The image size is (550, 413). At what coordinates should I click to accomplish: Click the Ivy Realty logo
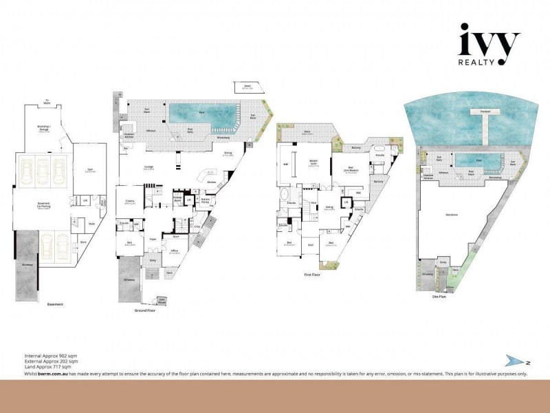click(489, 46)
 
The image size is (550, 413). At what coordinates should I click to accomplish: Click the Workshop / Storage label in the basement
click(47, 128)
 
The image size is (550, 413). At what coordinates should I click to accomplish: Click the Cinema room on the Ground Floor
click(129, 203)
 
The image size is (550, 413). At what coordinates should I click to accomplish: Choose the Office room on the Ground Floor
click(174, 252)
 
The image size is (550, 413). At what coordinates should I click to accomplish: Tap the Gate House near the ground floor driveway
click(162, 300)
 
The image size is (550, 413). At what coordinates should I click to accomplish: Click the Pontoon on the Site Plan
click(481, 111)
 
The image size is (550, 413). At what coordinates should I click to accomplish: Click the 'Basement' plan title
click(55, 304)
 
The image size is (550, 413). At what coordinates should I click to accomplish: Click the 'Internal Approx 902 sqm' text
click(51, 356)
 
